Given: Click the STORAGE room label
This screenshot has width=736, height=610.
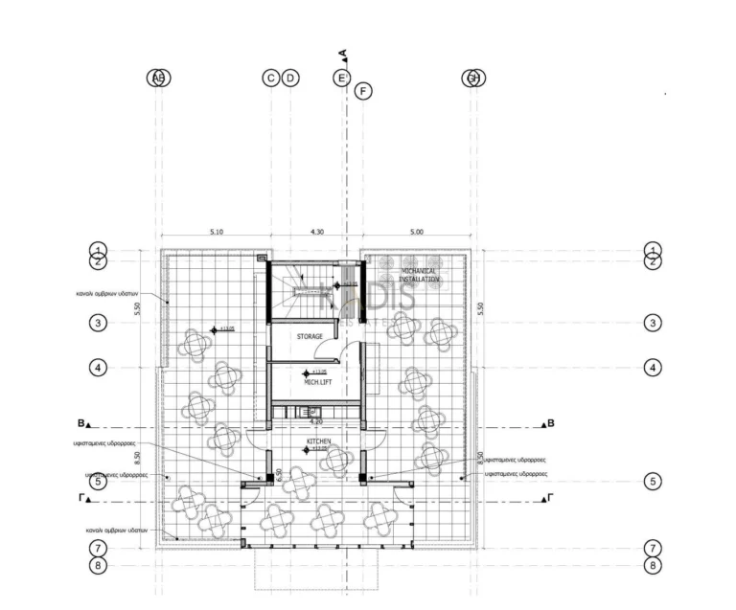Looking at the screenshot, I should point(309,337).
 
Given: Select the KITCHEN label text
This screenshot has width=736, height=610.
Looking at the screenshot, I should point(318,441).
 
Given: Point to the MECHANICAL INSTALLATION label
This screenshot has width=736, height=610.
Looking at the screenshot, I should point(412,275).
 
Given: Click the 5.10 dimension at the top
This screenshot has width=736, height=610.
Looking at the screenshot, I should point(216,231).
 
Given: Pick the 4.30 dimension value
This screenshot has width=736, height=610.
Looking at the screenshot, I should point(316,231).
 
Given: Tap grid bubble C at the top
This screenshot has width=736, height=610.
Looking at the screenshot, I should point(271,78).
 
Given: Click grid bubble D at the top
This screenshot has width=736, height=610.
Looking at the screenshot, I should point(290,78).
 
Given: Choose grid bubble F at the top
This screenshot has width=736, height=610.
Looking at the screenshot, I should point(362,91).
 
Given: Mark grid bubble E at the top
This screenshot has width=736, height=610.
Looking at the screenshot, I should point(341,78).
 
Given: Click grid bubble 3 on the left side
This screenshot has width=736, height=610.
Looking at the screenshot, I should point(98,323).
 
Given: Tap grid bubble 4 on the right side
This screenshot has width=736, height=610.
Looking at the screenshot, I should point(654,367).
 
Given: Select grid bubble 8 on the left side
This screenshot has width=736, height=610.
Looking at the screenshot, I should point(98,565).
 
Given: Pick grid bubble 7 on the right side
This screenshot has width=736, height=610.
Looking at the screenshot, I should point(654,549).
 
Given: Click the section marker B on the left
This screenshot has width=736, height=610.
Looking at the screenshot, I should point(81,422).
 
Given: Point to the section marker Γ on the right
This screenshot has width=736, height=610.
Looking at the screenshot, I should point(550,499).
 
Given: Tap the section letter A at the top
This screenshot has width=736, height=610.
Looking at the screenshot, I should point(343,54).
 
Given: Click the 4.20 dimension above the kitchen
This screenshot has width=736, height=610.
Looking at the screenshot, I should point(316,420).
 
